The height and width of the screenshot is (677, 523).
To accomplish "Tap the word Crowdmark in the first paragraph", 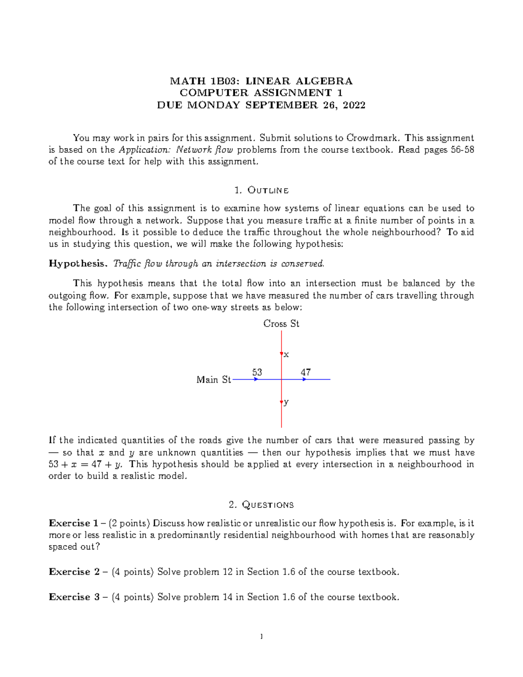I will pos(372,138).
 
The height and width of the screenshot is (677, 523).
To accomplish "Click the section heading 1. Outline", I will pos(261,191).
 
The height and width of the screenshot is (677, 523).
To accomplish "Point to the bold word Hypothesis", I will pos(78,264).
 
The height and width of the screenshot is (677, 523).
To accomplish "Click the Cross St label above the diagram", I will pos(281,324).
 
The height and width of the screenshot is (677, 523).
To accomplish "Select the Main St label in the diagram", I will pos(214,380).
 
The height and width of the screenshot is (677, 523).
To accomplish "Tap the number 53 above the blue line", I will pos(257,372).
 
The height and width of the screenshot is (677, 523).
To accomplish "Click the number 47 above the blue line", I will pos(306,372).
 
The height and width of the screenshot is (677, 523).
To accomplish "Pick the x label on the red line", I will pos(286,355).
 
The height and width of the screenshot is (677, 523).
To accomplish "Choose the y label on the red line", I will pos(286,402).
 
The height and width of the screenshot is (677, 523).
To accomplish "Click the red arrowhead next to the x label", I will pos(282,354).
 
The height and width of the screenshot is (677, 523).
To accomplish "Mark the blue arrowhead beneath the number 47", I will pos(305,380).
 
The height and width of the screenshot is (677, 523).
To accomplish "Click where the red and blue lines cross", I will pos(282,380).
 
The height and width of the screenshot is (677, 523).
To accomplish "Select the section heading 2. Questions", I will pos(261,505).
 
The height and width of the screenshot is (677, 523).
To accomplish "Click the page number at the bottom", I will pos(261,637).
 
